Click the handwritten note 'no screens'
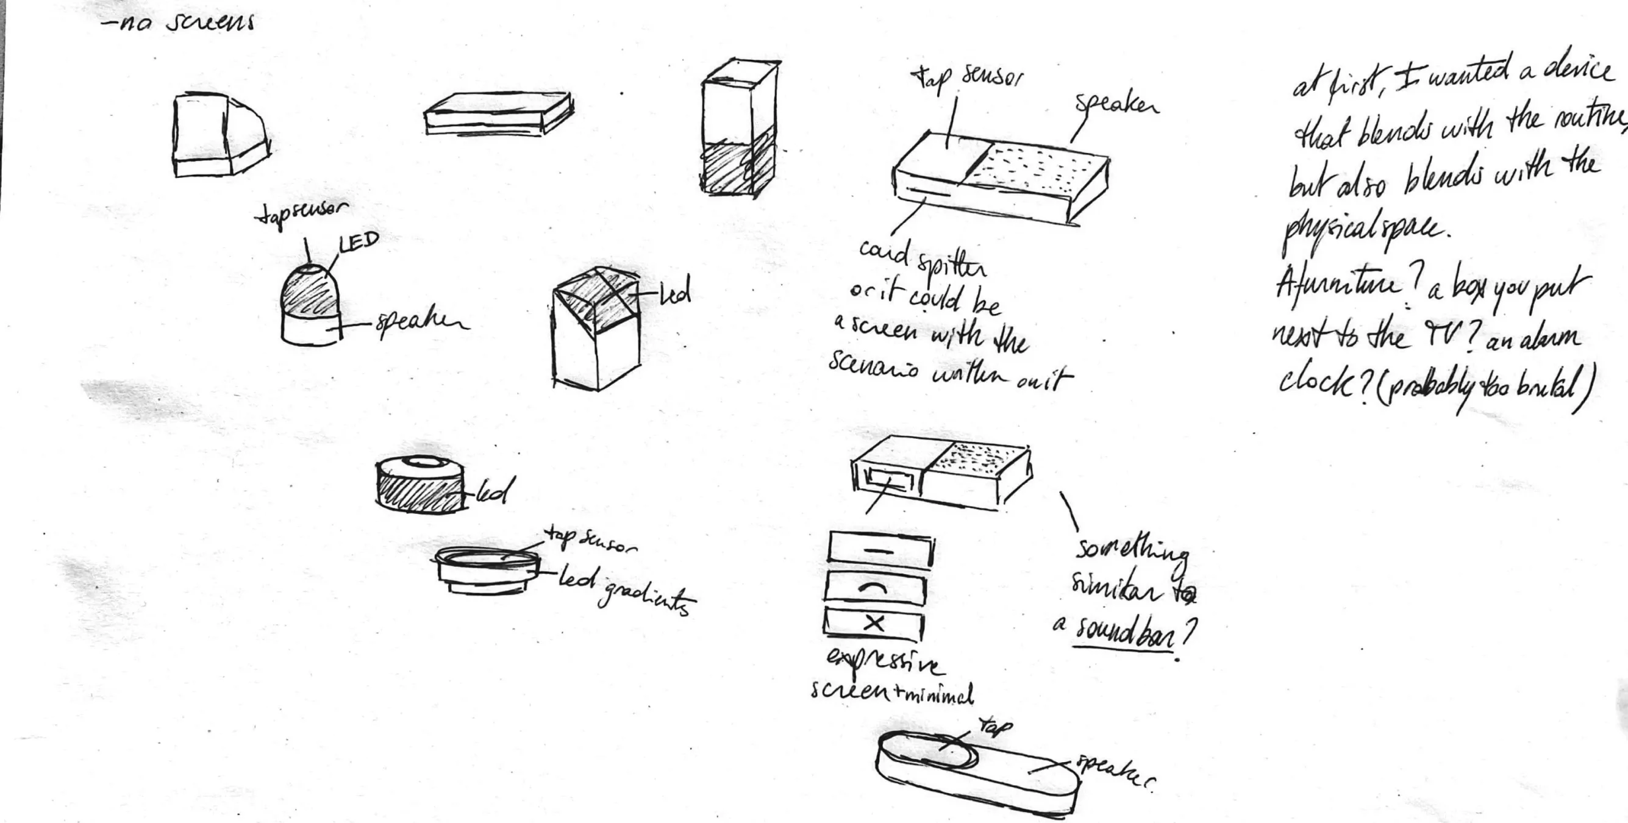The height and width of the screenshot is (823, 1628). point(180,23)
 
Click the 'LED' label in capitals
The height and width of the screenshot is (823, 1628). point(359,242)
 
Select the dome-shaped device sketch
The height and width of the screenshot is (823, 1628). point(310,304)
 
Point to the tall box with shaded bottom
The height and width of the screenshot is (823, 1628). point(738,130)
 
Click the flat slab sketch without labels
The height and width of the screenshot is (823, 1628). point(498,114)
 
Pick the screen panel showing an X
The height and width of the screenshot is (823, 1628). point(873,624)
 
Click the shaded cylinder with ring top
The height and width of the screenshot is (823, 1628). point(419,485)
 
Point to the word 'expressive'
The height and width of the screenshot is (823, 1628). point(885,662)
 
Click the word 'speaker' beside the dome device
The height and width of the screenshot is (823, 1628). point(421,323)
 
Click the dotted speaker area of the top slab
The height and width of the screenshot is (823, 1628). point(1037,166)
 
